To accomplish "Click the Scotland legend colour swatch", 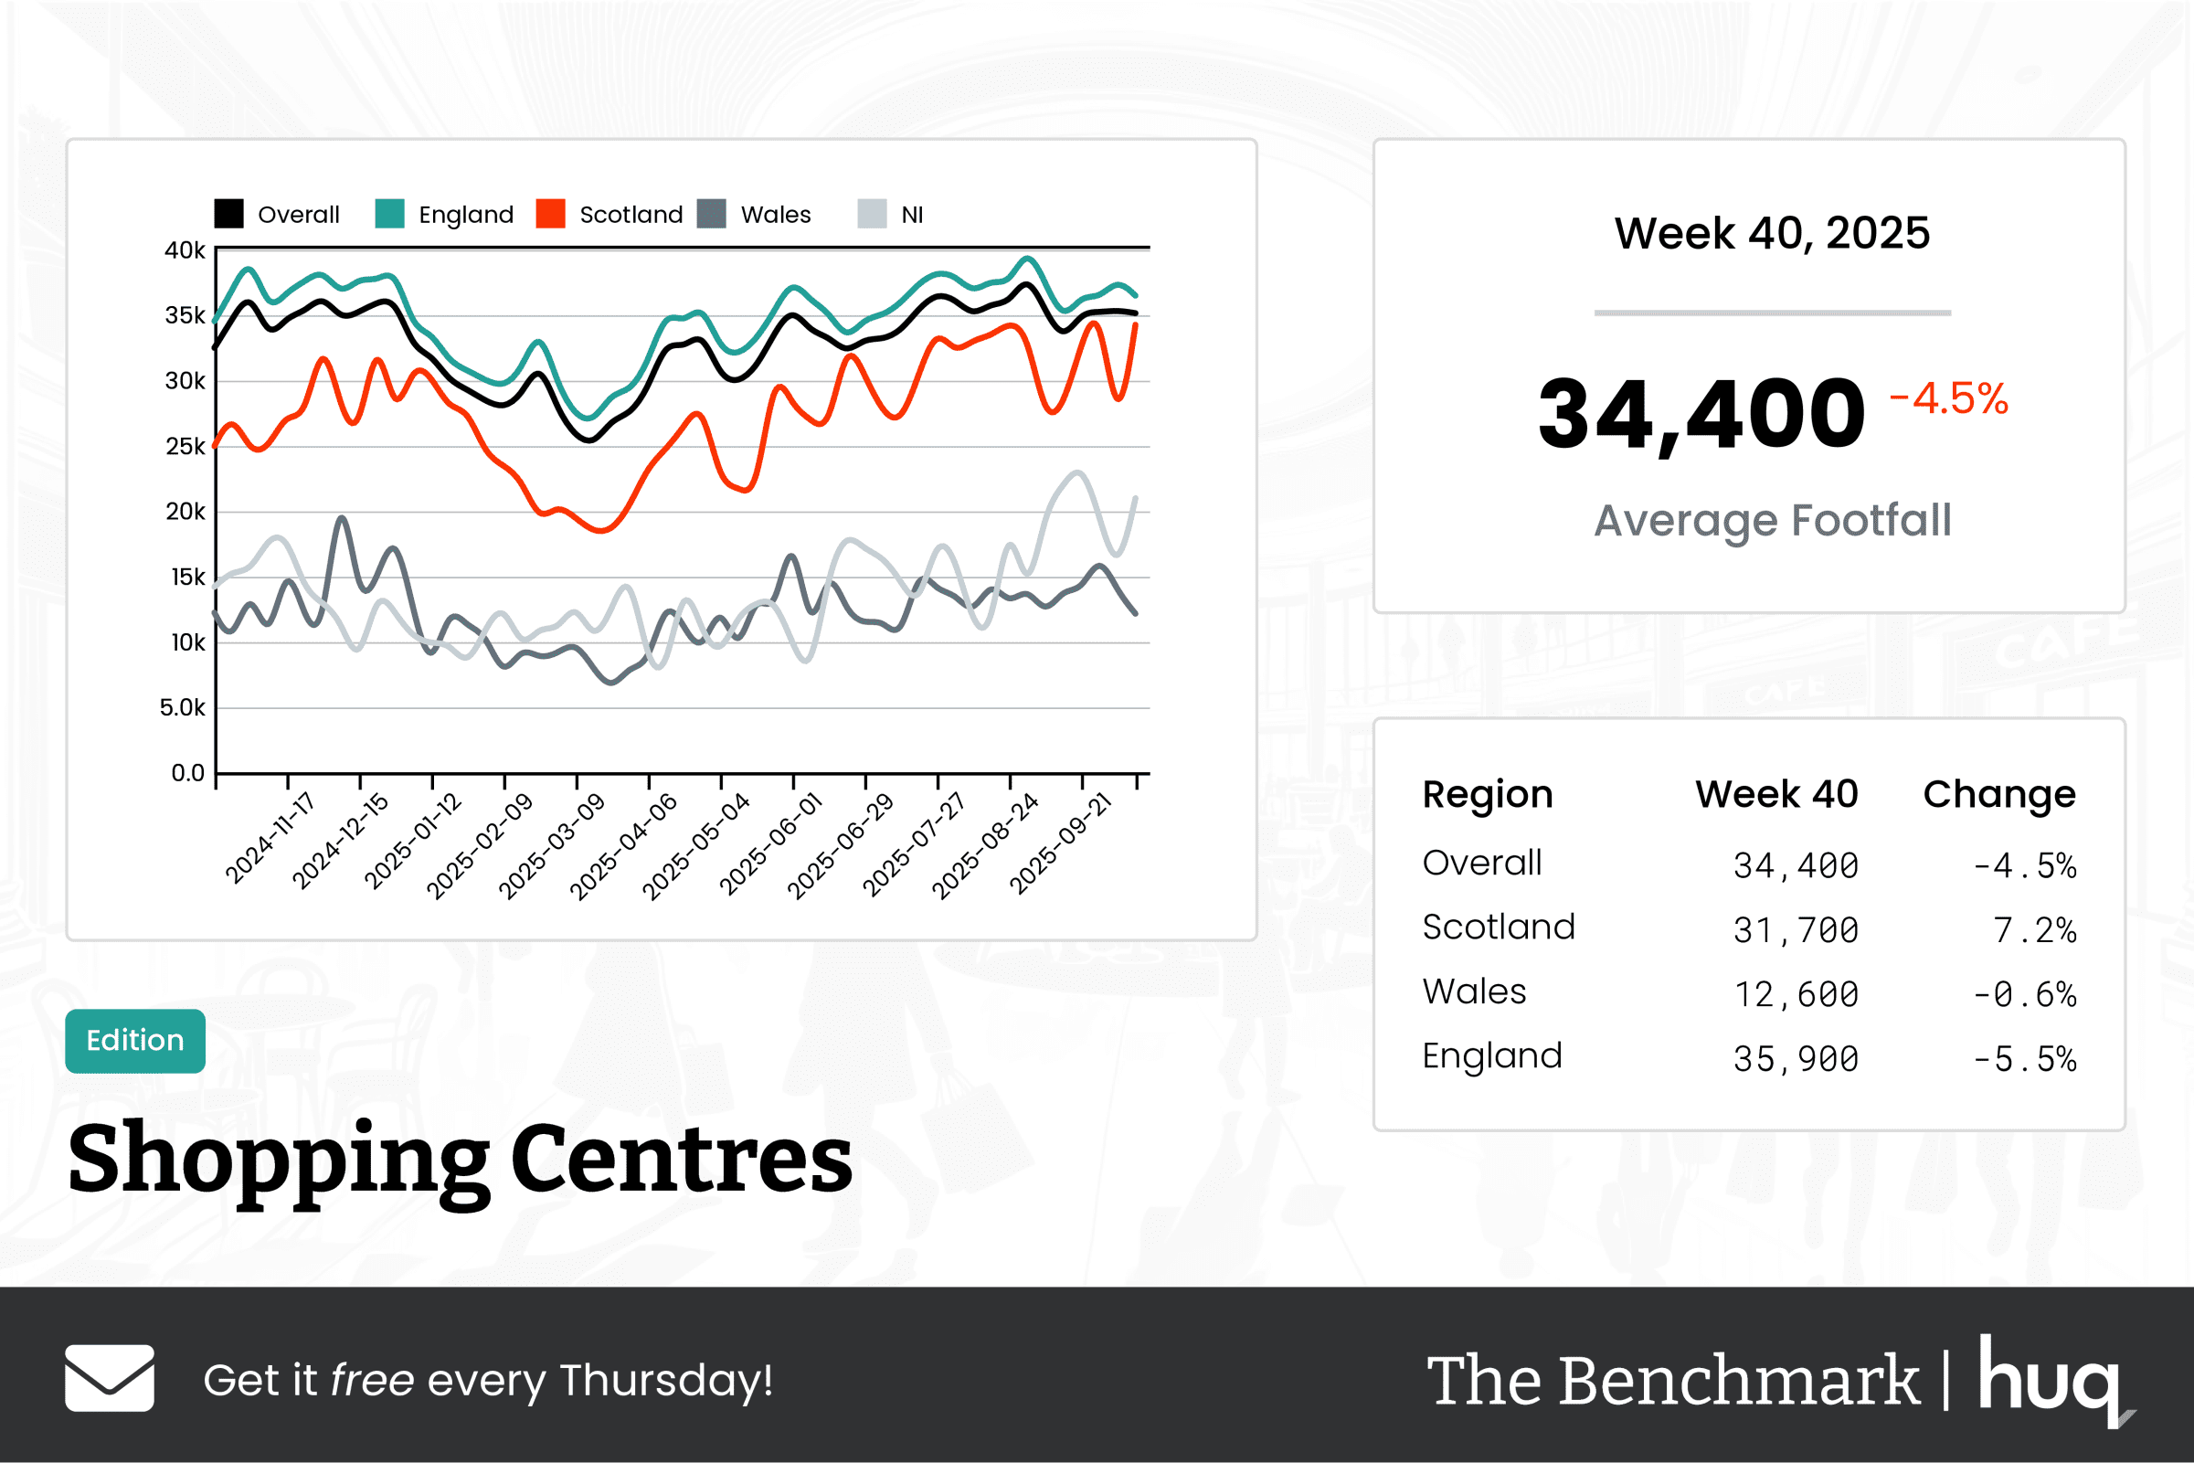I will pyautogui.click(x=550, y=214).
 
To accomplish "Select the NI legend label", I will pyautogui.click(x=911, y=215).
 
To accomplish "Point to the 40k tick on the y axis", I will pyautogui.click(x=185, y=250).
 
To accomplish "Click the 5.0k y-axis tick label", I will pyautogui.click(x=182, y=707).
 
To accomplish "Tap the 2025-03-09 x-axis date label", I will pyautogui.click(x=552, y=845).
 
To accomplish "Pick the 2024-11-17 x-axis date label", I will pyautogui.click(x=270, y=837).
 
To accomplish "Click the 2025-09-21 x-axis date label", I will pyautogui.click(x=1062, y=843).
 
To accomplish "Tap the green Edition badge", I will pyautogui.click(x=135, y=1040).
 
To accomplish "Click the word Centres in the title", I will pyautogui.click(x=681, y=1158).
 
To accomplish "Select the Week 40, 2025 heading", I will pyautogui.click(x=1772, y=233).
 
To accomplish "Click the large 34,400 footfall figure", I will pyautogui.click(x=1701, y=413).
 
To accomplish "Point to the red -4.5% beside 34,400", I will pyautogui.click(x=1948, y=398).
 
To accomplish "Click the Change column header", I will pyautogui.click(x=1999, y=794).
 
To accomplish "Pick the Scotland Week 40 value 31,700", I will pyautogui.click(x=1795, y=930).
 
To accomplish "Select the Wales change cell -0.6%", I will pyautogui.click(x=2023, y=994).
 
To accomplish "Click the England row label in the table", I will pyautogui.click(x=1491, y=1056).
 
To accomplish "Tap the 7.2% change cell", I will pyautogui.click(x=2033, y=930).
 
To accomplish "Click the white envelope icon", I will pyautogui.click(x=110, y=1378).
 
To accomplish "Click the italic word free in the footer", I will pyautogui.click(x=371, y=1380).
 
